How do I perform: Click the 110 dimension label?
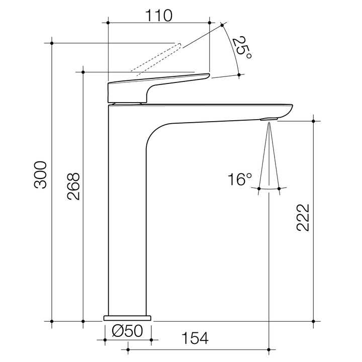click(x=159, y=16)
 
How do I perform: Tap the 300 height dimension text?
click(x=41, y=174)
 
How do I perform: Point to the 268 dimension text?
click(x=73, y=187)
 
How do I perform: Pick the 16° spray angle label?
click(x=238, y=179)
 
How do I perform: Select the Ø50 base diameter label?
click(x=127, y=331)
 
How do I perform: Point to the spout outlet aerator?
click(x=269, y=119)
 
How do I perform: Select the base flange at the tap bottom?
click(x=127, y=317)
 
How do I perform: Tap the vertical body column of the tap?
click(x=127, y=211)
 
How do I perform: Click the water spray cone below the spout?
click(x=269, y=161)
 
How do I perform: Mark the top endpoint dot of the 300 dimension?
click(x=52, y=43)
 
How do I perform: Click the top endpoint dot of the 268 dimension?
click(x=82, y=72)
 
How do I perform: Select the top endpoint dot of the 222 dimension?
click(x=313, y=121)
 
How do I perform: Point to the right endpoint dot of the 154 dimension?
click(x=270, y=348)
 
